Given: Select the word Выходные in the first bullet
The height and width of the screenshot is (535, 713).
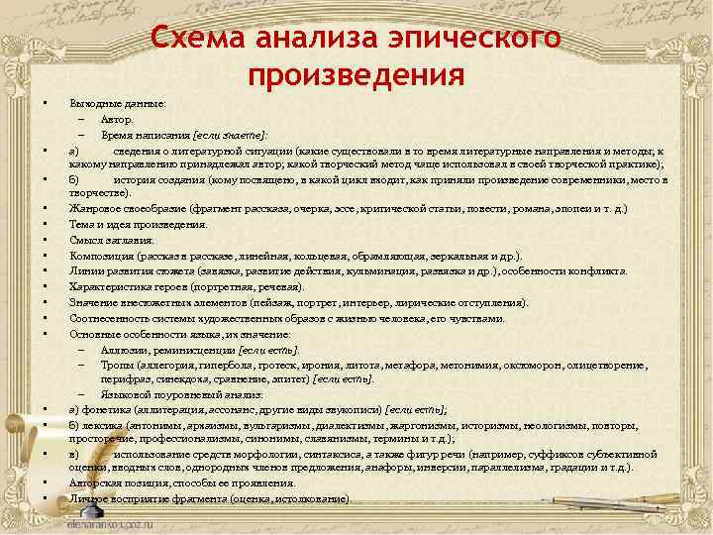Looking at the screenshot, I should tap(90, 103).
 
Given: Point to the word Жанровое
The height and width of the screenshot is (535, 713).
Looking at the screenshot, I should tap(92, 209).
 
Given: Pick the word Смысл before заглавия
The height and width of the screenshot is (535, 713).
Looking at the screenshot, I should tap(83, 240).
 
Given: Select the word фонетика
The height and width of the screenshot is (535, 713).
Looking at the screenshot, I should tap(105, 408).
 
